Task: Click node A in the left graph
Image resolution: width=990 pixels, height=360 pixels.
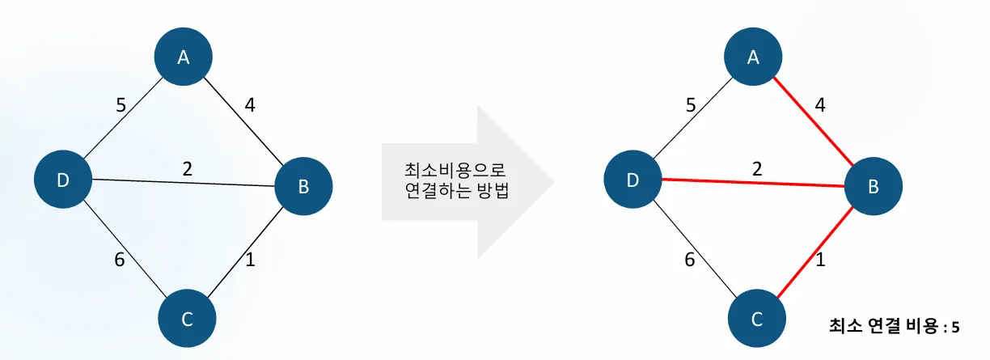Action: (184, 57)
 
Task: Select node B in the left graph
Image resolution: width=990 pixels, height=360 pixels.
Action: (303, 187)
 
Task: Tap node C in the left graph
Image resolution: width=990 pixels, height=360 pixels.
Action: (187, 319)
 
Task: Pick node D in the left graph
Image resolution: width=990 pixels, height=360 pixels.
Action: (64, 181)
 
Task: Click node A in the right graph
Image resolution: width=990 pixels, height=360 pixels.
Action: (754, 57)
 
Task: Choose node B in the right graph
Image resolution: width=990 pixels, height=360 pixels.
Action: (874, 187)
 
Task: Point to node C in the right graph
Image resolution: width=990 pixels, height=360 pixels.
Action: (757, 319)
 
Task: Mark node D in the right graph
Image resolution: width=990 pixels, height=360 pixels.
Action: (634, 181)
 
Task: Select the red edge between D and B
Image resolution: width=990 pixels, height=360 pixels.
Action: (752, 182)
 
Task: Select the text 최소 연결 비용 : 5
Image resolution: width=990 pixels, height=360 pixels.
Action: (895, 327)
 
